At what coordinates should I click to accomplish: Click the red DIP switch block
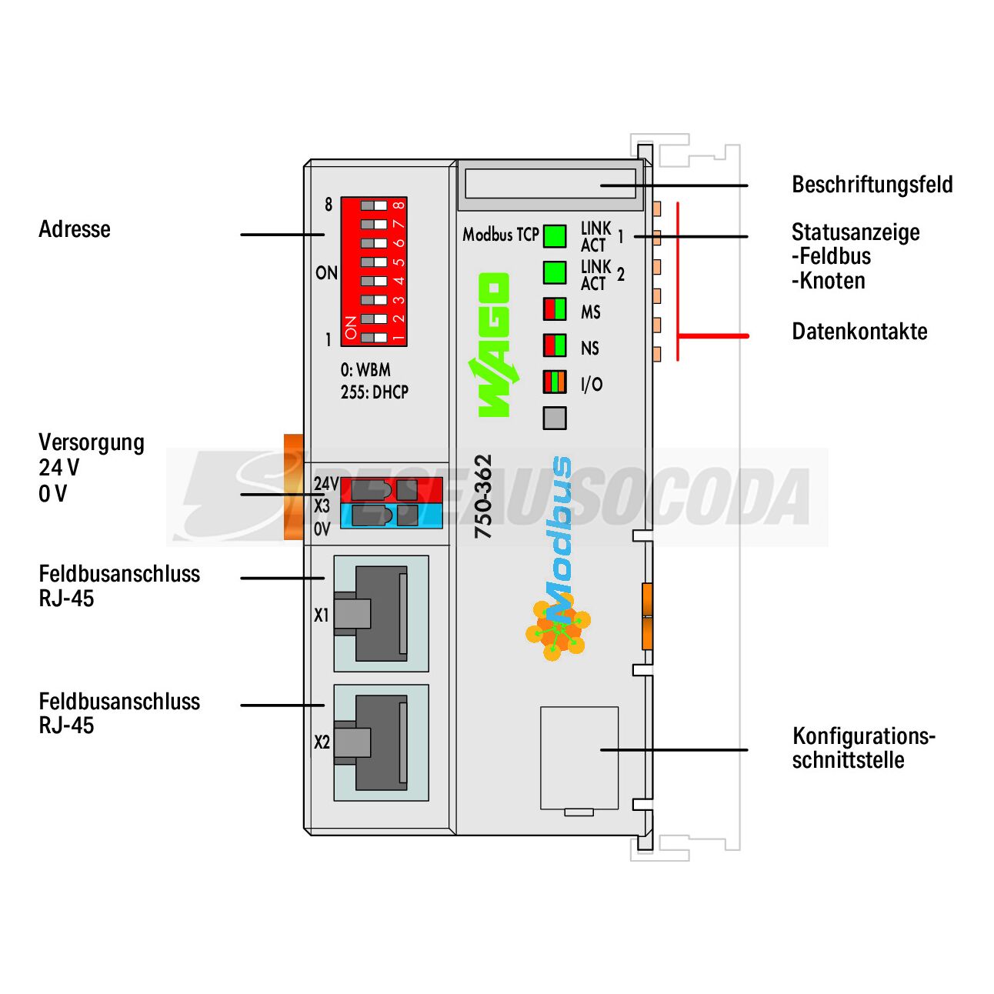pos(373,272)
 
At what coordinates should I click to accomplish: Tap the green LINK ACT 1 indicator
pos(555,236)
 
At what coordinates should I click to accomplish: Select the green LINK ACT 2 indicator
pos(555,272)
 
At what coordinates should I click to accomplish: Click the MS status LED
pos(555,309)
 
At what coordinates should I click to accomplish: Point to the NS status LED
pos(555,345)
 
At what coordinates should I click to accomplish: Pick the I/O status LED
pos(555,382)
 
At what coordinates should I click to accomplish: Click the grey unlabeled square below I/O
pos(555,418)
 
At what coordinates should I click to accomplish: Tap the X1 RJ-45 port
pos(381,613)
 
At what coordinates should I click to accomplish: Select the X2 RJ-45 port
pos(381,742)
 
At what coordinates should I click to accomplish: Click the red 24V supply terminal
pos(391,489)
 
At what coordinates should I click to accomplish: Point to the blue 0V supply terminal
pos(391,515)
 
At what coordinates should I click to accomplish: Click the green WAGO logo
pos(494,345)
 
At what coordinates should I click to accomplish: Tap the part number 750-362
pos(483,496)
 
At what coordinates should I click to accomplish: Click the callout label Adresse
pos(75,229)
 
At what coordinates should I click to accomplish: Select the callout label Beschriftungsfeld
pos(872,185)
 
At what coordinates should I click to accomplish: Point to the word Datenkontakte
pos(859,331)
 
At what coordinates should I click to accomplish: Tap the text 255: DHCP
pos(375,392)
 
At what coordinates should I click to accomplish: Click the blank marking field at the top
pos(550,184)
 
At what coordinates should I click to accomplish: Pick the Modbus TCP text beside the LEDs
pos(500,235)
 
